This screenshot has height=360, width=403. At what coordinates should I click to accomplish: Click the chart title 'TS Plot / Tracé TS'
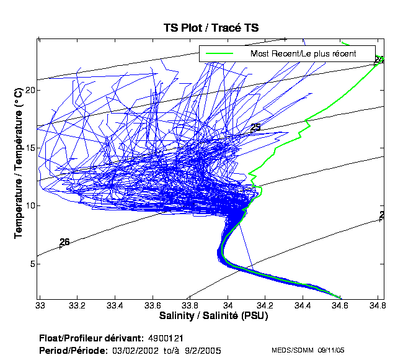tap(210, 28)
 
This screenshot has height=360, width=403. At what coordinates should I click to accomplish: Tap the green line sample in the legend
tap(219, 53)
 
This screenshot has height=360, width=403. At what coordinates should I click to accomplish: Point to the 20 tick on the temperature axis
tap(29, 90)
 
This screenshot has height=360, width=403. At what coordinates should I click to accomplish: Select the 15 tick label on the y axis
tap(29, 148)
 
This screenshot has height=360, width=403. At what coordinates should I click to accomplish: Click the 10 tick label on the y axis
tap(29, 206)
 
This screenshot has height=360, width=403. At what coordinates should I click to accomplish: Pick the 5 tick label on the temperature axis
tap(30, 264)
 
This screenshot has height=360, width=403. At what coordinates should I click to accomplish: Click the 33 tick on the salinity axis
tap(40, 305)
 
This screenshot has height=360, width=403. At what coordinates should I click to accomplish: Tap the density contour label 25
tap(255, 127)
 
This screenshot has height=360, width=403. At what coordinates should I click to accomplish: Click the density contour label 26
tap(64, 241)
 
